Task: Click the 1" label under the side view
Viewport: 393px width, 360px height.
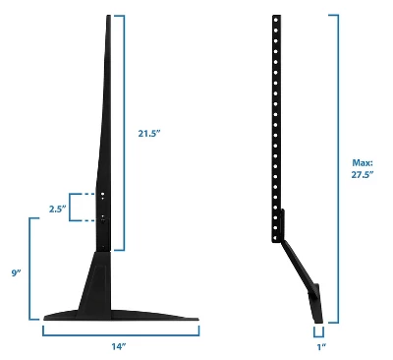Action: [x=321, y=346]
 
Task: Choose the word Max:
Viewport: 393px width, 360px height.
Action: [x=363, y=161]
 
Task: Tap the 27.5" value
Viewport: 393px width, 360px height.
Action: [x=363, y=174]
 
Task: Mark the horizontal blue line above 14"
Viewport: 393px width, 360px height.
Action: [x=120, y=330]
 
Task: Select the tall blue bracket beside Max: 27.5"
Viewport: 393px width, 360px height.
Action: [x=339, y=167]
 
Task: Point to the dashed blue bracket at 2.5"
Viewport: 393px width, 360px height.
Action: [x=72, y=208]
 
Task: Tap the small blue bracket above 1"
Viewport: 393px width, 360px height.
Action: [x=320, y=330]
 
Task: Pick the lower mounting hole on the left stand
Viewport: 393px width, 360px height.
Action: [x=103, y=215]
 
